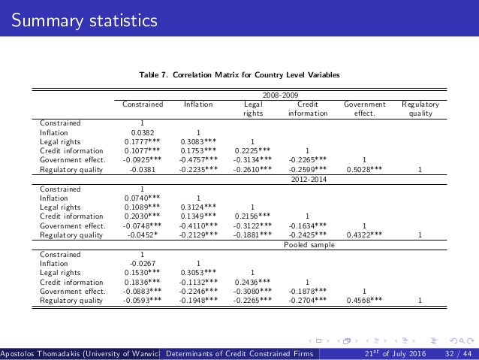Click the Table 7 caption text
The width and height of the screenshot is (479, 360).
point(239,76)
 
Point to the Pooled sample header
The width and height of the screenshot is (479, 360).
point(303,245)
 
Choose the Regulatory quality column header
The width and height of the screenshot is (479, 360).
point(420,110)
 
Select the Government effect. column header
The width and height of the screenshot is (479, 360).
point(364,110)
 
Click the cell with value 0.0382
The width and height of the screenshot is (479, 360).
point(143,132)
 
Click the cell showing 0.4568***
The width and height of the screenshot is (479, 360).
point(364,301)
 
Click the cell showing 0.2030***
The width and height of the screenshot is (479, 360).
point(143,216)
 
